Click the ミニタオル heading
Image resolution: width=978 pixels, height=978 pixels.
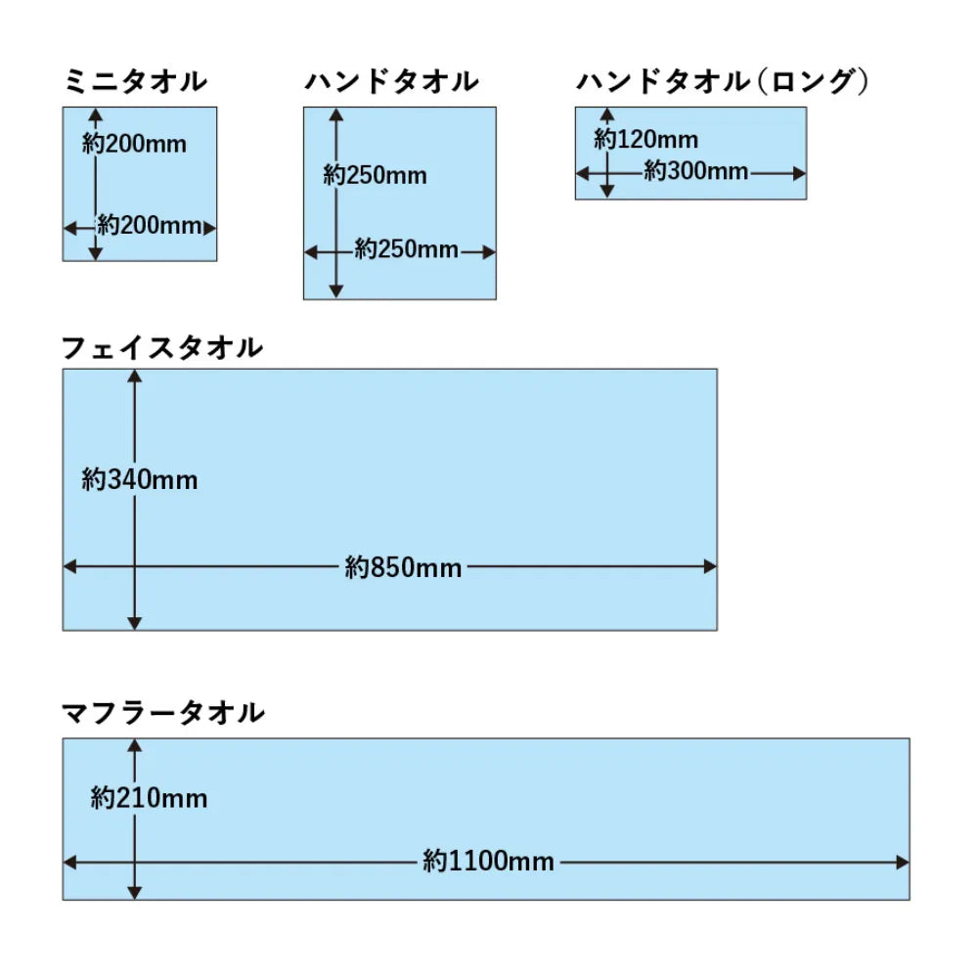click(x=135, y=82)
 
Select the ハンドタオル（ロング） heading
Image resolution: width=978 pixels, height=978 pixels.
click(x=723, y=82)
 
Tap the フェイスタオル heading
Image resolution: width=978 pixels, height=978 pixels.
click(x=162, y=347)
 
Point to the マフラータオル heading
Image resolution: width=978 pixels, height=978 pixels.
click(x=163, y=712)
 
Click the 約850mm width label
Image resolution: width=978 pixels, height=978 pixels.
click(x=403, y=567)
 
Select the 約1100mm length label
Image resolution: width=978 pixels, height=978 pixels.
click(x=488, y=862)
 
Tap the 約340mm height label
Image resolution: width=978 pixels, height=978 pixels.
click(x=140, y=479)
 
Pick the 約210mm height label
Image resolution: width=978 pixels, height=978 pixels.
click(x=149, y=798)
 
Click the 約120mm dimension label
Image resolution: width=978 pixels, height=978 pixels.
click(x=646, y=139)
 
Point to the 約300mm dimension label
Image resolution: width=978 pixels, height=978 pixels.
click(x=696, y=171)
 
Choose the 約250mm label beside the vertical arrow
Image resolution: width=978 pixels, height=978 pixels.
click(x=375, y=175)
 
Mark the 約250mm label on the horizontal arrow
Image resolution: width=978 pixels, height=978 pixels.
click(x=407, y=249)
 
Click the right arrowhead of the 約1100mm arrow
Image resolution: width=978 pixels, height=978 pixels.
click(x=903, y=863)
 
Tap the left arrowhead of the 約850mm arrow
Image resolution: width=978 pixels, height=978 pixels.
click(x=69, y=566)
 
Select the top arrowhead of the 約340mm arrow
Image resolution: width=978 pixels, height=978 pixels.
click(x=135, y=377)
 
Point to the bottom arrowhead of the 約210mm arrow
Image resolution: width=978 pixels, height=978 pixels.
click(x=135, y=893)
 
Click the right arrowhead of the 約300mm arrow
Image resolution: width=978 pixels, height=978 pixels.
click(x=800, y=173)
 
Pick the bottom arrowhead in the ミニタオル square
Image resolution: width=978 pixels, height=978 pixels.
click(x=95, y=253)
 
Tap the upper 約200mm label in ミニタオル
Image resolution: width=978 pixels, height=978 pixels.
click(x=134, y=144)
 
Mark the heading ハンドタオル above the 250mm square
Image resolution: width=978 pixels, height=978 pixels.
click(x=392, y=82)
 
